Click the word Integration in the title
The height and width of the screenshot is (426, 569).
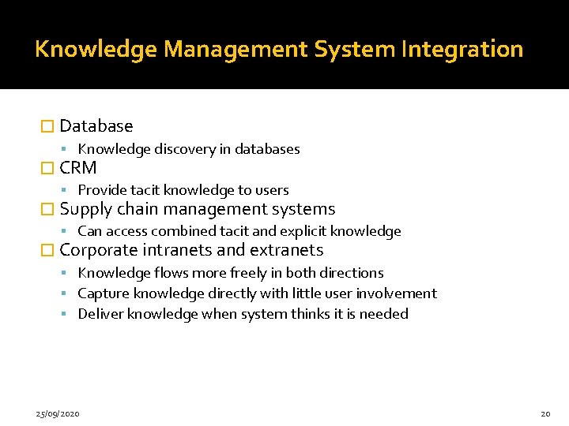coord(462,50)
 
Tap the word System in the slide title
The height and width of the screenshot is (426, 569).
coord(356,50)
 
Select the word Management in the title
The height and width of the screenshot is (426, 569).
coord(236,50)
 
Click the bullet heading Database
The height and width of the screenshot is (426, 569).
coord(96,126)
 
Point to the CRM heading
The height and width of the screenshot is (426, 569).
coord(78,168)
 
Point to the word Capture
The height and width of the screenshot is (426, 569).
coord(101,293)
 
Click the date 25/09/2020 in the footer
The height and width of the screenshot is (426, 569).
coord(58,413)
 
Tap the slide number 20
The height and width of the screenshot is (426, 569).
coord(545,413)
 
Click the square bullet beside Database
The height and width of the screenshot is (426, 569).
coord(47,126)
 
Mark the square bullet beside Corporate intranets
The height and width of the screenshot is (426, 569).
coord(47,251)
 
